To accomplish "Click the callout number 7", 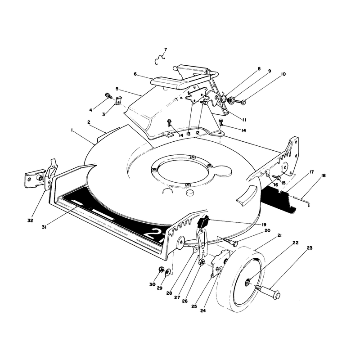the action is point(166,49).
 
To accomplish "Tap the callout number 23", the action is point(310,248).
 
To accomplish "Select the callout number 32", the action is point(30,220).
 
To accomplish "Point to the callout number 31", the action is point(44,228).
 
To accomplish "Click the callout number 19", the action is point(264,224).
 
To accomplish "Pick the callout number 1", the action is point(72,130).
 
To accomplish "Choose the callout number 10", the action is point(283,74).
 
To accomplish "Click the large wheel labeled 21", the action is point(240,279).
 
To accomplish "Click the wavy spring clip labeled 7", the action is point(160,59).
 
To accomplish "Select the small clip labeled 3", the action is point(118,100).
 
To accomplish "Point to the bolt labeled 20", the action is point(230,242).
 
